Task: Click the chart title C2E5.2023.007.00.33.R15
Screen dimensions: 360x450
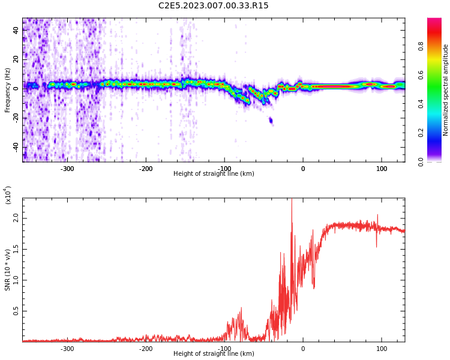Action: (213, 6)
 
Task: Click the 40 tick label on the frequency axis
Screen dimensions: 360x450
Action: (16, 30)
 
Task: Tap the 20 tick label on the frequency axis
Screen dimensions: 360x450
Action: (16, 59)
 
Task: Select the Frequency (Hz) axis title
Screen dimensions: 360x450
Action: (7, 90)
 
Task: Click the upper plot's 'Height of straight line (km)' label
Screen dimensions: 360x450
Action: (214, 174)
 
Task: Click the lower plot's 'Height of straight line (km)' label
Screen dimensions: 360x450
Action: (214, 354)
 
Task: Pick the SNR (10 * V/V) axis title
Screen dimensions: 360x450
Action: (7, 270)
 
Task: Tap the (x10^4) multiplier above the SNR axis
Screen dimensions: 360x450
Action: (7, 196)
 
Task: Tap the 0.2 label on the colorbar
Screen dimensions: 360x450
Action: (421, 133)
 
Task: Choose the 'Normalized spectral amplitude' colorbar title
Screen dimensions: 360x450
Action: (446, 90)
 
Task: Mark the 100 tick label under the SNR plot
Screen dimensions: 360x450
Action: (382, 349)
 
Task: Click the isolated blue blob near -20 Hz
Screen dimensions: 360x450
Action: (271, 121)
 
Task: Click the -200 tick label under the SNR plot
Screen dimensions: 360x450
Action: (145, 349)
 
